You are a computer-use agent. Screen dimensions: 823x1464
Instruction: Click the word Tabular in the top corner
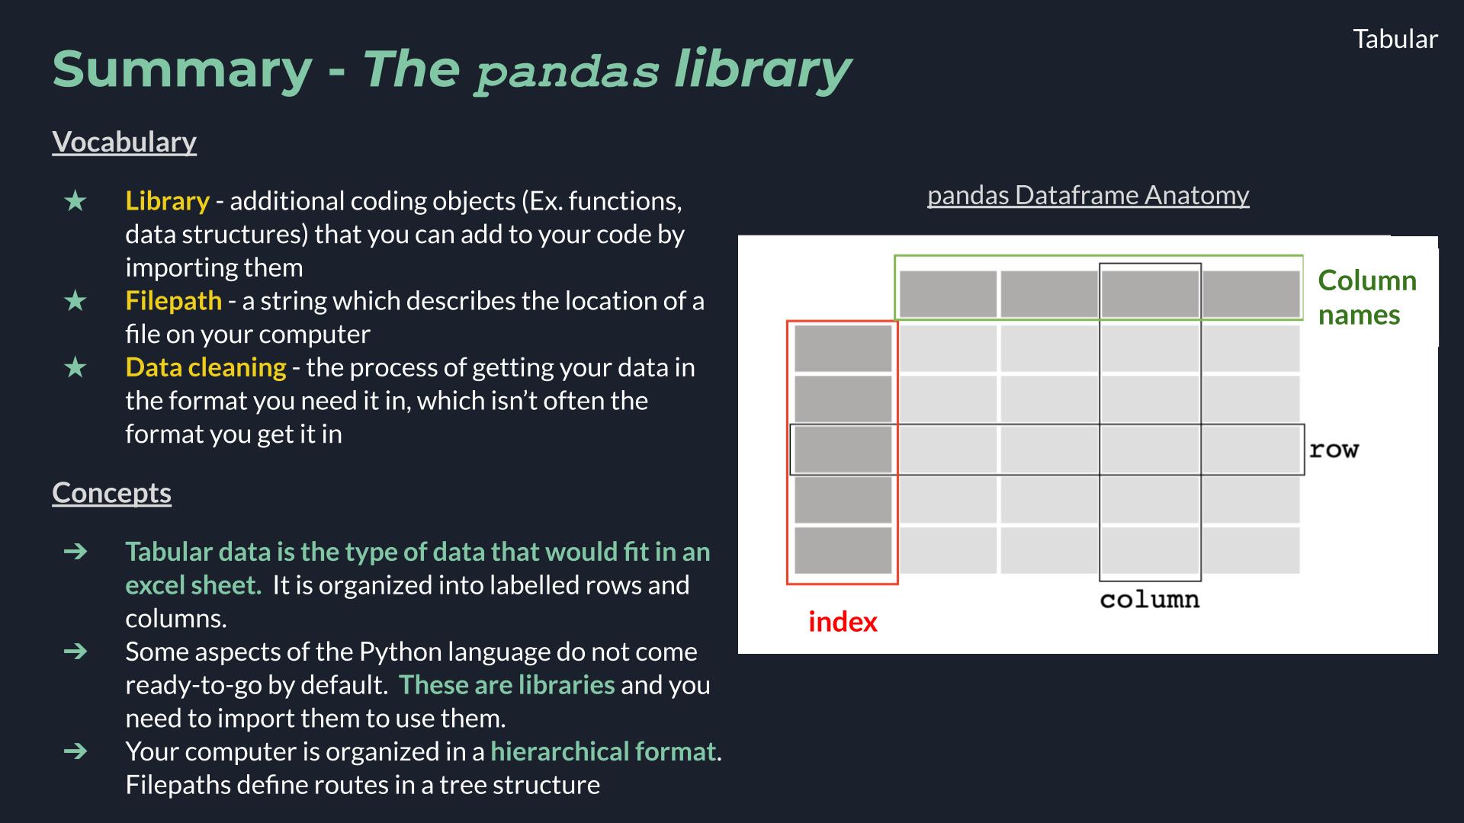[x=1395, y=39]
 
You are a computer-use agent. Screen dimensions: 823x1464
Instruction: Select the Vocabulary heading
[x=124, y=142]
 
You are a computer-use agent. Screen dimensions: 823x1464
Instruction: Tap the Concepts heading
[x=111, y=492]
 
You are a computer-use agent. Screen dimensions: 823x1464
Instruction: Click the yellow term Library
[x=167, y=200]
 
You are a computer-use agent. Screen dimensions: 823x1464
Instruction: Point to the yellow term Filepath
[x=173, y=300]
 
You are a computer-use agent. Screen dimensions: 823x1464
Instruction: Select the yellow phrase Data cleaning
[x=205, y=367]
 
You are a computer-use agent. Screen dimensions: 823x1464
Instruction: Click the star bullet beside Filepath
[x=75, y=301]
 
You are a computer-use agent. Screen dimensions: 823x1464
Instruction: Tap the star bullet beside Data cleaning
[x=75, y=367]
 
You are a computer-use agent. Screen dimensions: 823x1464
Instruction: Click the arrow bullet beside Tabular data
[x=75, y=551]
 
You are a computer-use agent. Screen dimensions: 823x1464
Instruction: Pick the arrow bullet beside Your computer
[x=75, y=751]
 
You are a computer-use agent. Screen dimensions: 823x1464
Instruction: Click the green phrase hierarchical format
[x=602, y=751]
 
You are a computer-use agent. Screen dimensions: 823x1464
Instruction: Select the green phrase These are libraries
[x=506, y=685]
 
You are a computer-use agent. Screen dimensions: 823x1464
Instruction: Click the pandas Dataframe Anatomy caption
[x=1087, y=195]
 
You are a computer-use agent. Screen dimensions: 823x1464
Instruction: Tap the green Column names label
[x=1366, y=297]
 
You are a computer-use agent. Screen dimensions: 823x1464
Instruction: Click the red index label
[x=843, y=622]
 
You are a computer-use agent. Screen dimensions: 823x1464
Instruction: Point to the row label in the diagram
[x=1334, y=450]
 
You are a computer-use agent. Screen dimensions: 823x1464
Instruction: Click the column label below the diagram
[x=1149, y=600]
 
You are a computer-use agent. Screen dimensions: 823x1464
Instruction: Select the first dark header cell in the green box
[x=948, y=293]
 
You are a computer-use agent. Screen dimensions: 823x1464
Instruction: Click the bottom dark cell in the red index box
[x=843, y=550]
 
